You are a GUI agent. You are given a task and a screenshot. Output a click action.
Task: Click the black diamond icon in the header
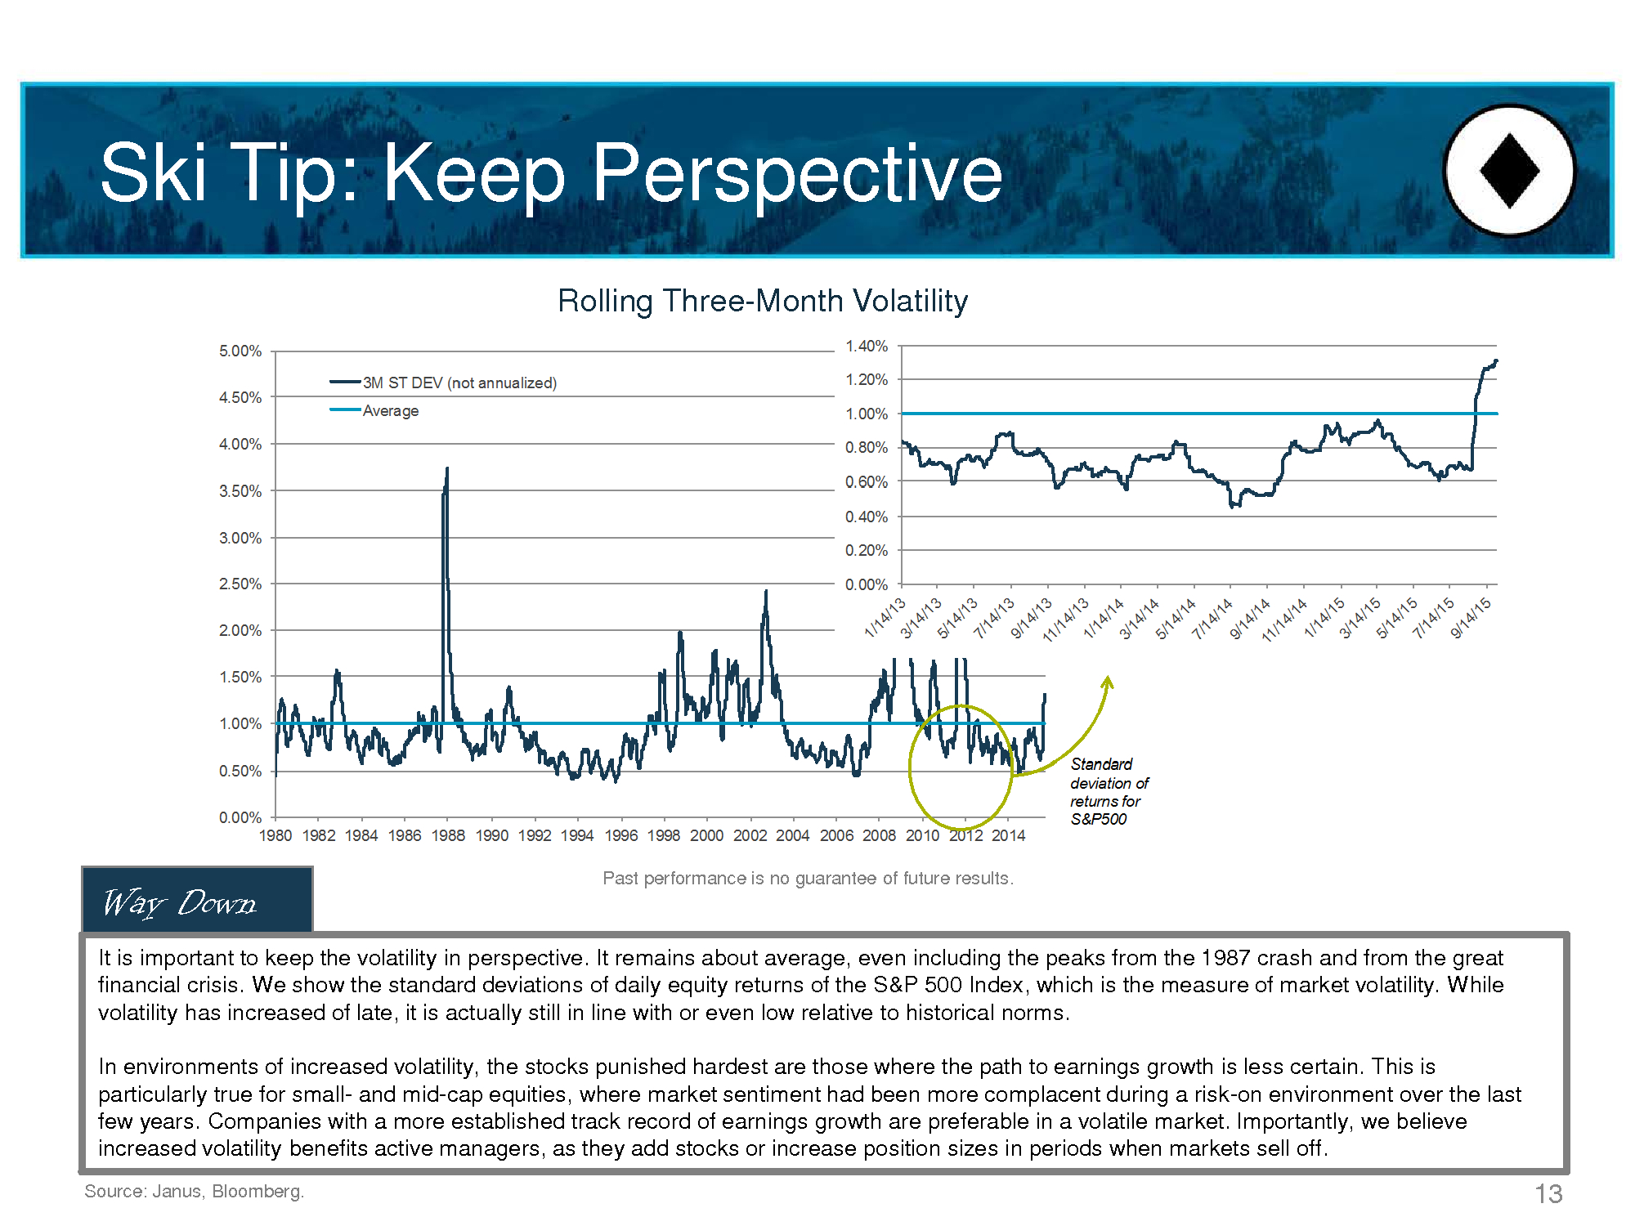[x=1510, y=171]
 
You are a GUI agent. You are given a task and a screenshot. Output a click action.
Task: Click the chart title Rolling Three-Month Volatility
[x=763, y=301]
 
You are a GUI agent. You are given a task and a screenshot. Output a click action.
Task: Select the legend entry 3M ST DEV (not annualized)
[x=443, y=383]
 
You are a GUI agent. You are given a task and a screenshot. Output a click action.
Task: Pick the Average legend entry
[x=374, y=410]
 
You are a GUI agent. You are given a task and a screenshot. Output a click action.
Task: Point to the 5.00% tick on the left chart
[x=240, y=351]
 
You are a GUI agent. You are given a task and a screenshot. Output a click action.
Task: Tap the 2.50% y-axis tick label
[x=240, y=584]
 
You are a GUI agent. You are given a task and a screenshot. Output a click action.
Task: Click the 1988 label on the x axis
[x=448, y=835]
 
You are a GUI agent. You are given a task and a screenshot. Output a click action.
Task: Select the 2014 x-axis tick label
[x=1009, y=835]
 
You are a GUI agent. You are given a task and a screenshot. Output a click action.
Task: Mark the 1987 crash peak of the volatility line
[x=447, y=468]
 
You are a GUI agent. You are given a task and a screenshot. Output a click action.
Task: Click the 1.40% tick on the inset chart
[x=867, y=346]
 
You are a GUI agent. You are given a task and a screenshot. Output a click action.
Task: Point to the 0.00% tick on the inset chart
[x=867, y=584]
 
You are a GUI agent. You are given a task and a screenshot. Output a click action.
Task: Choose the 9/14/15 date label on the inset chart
[x=1471, y=618]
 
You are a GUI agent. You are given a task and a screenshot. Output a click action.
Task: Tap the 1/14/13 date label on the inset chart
[x=885, y=618]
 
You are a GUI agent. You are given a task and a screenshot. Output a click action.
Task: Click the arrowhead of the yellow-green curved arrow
[x=1108, y=682]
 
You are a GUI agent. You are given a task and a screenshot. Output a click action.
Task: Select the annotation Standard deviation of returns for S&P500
[x=1109, y=791]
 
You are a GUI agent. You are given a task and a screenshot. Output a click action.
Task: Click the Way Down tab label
[x=180, y=902]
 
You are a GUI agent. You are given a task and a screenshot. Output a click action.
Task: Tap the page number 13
[x=1548, y=1194]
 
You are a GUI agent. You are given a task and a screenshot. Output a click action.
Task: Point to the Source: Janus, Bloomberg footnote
[x=195, y=1191]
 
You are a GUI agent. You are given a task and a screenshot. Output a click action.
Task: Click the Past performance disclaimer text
[x=808, y=878]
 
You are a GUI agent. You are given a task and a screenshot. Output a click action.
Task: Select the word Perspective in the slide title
[x=797, y=173]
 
